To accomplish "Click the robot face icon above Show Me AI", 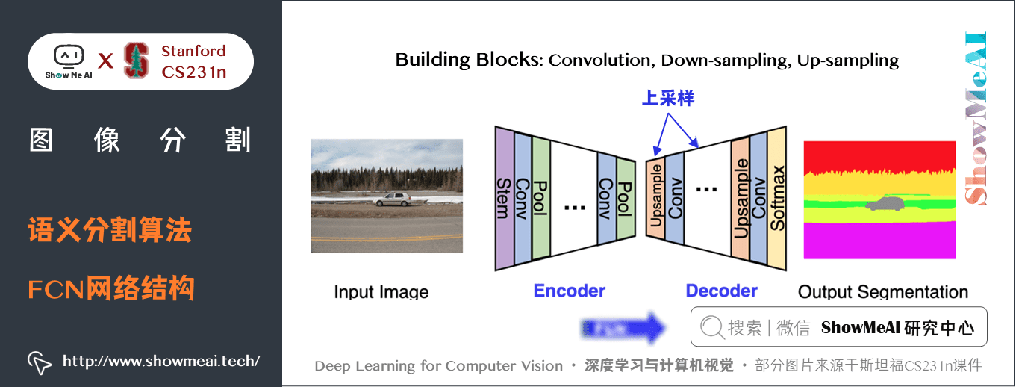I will pos(68,56).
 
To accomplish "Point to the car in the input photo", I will pos(393,199).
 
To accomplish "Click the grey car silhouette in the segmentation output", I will pos(883,204).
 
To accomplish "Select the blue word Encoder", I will pos(569,291).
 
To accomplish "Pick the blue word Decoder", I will pos(721,291).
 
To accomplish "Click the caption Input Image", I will pos(381,292).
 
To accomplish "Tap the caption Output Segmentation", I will pos(882,292).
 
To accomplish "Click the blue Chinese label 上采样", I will pos(667,99).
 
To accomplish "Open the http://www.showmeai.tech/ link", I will pos(160,361).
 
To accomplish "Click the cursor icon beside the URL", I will pos(40,362).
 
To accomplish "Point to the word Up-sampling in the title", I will pos(847,60).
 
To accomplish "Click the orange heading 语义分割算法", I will pos(110,230).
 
